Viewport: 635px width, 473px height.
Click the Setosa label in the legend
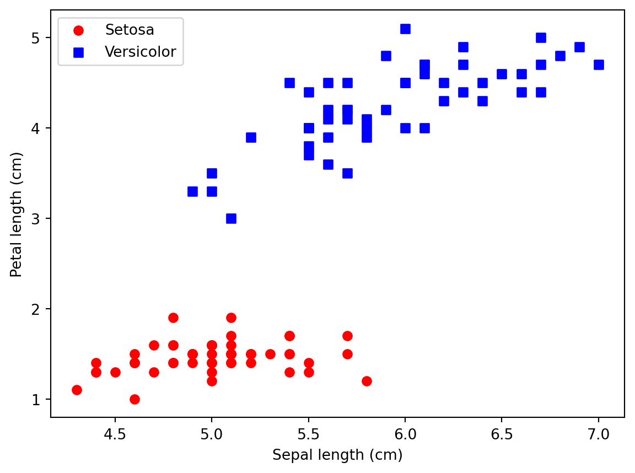(130, 30)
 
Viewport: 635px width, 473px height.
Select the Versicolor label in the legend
(140, 52)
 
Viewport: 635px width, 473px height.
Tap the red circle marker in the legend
(78, 30)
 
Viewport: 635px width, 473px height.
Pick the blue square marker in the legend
(78, 52)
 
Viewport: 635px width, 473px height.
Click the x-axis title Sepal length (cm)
(337, 455)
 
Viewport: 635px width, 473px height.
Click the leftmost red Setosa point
(77, 390)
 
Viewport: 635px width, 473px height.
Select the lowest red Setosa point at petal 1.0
(134, 399)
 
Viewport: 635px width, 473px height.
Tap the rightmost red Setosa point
(367, 381)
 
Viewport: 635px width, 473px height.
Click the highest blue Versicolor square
(405, 29)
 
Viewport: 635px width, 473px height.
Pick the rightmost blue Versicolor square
(599, 64)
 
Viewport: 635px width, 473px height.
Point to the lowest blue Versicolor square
(231, 218)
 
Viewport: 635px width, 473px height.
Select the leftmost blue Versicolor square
(192, 191)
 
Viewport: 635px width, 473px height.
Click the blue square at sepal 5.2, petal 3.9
(251, 137)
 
